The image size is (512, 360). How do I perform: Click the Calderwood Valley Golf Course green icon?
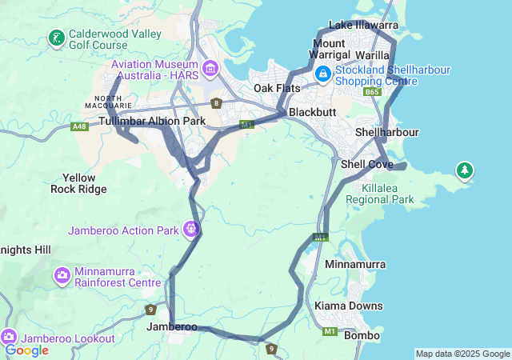pyautogui.click(x=57, y=38)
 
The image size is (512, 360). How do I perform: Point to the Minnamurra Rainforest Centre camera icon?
pyautogui.click(x=62, y=276)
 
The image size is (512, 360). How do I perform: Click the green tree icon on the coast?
pyautogui.click(x=464, y=170)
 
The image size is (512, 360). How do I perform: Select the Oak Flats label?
pyautogui.click(x=277, y=88)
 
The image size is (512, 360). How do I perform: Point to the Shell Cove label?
pyautogui.click(x=366, y=164)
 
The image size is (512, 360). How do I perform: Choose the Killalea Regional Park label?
pyautogui.click(x=382, y=193)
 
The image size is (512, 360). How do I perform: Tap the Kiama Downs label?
pyautogui.click(x=349, y=306)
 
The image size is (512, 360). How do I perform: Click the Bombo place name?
pyautogui.click(x=362, y=335)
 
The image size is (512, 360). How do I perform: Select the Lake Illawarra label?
pyautogui.click(x=362, y=25)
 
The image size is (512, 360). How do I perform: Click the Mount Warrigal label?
pyautogui.click(x=329, y=48)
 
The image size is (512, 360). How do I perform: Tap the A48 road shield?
pyautogui.click(x=79, y=126)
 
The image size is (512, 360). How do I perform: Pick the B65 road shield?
pyautogui.click(x=371, y=93)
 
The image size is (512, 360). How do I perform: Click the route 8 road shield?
pyautogui.click(x=216, y=103)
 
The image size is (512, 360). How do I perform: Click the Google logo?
pyautogui.click(x=26, y=350)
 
